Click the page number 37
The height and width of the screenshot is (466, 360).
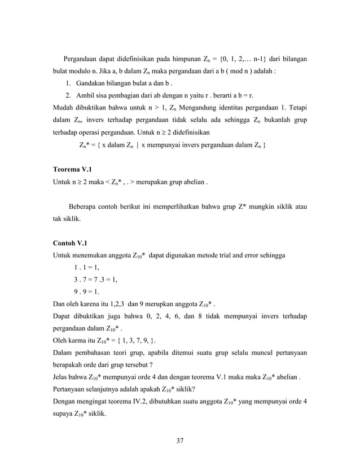click(x=179, y=440)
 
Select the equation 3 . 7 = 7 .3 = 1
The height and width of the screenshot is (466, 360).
click(x=95, y=280)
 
